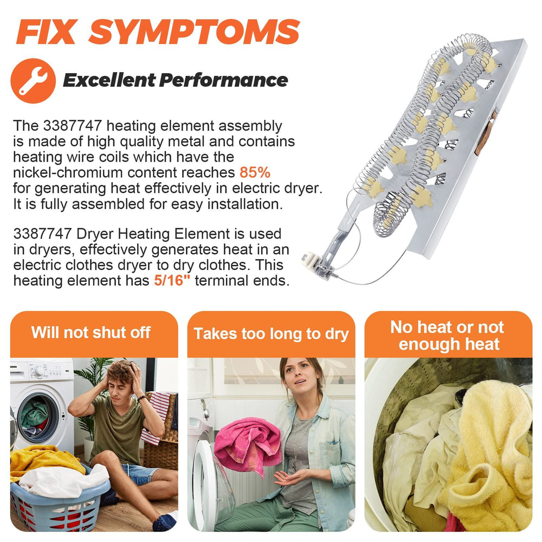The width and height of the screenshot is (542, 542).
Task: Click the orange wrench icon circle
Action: [x=33, y=81]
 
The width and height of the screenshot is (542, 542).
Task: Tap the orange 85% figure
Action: [x=255, y=172]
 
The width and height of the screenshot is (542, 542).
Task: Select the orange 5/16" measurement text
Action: [x=172, y=280]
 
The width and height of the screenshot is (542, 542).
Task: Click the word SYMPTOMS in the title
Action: [x=194, y=31]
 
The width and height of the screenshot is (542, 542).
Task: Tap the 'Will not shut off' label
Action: [x=91, y=333]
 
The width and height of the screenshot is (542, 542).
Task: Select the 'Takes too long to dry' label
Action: [x=271, y=334]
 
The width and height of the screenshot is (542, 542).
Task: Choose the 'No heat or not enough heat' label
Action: [x=448, y=335]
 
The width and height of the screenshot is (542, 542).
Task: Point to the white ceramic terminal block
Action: [x=309, y=259]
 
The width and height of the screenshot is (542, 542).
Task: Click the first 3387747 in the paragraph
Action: [x=73, y=126]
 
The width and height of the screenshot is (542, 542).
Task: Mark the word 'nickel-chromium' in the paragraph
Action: [x=68, y=172]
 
